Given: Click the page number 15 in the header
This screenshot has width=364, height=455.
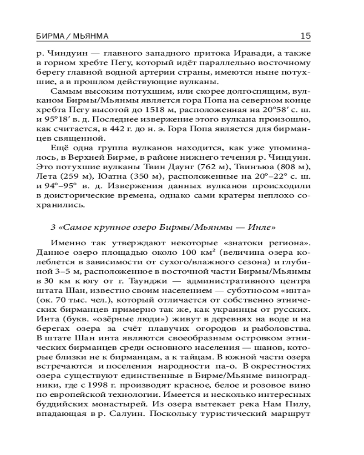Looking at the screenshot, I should (x=305, y=35).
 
